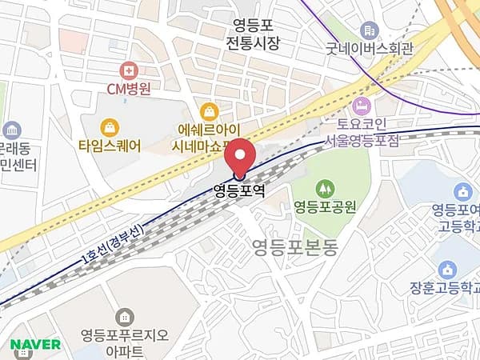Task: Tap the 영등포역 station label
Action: [x=239, y=191]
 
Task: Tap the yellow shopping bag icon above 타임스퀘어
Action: [x=110, y=127]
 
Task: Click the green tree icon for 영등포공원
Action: [x=324, y=189]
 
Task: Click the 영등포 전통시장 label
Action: [x=252, y=34]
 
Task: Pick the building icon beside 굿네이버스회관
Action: [x=369, y=30]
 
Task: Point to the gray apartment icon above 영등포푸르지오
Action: [x=124, y=316]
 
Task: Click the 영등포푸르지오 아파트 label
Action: [x=123, y=342]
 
